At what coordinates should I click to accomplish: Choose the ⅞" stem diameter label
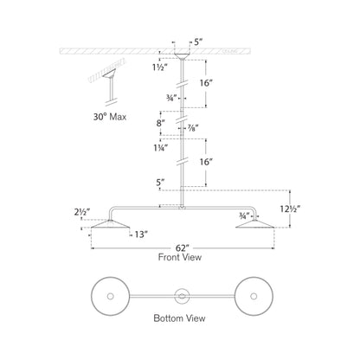point(195,128)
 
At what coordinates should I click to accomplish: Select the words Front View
point(180,258)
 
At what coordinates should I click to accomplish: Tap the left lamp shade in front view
point(106,225)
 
